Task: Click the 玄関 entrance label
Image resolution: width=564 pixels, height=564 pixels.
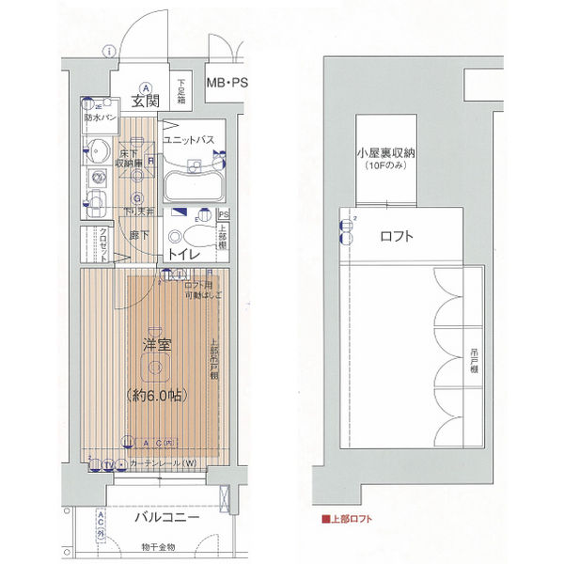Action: [145, 102]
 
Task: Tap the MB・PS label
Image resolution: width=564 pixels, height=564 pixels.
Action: [227, 83]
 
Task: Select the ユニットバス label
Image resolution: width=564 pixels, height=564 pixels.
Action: [190, 140]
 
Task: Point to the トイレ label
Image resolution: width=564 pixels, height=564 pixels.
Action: [183, 253]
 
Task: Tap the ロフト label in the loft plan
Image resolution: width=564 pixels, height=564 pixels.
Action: [397, 237]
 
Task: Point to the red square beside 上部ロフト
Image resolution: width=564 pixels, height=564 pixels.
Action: [324, 518]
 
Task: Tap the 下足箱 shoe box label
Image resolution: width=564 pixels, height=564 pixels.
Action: [181, 96]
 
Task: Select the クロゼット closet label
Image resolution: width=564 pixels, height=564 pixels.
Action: [103, 247]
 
